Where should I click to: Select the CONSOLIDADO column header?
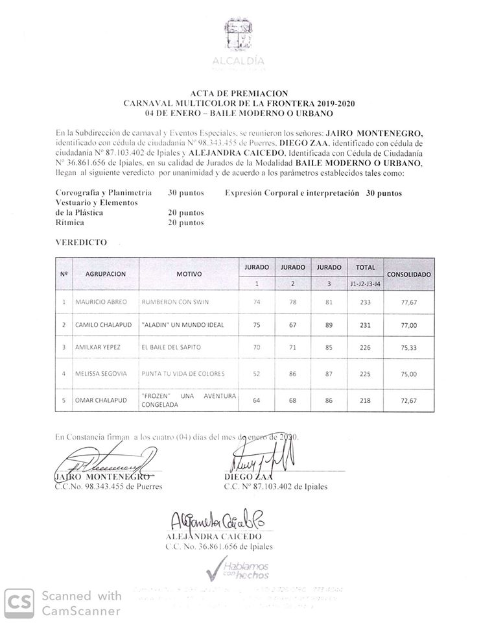[408, 275]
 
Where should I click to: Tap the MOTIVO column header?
[189, 275]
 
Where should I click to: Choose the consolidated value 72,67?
[408, 402]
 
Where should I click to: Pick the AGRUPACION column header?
[105, 275]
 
